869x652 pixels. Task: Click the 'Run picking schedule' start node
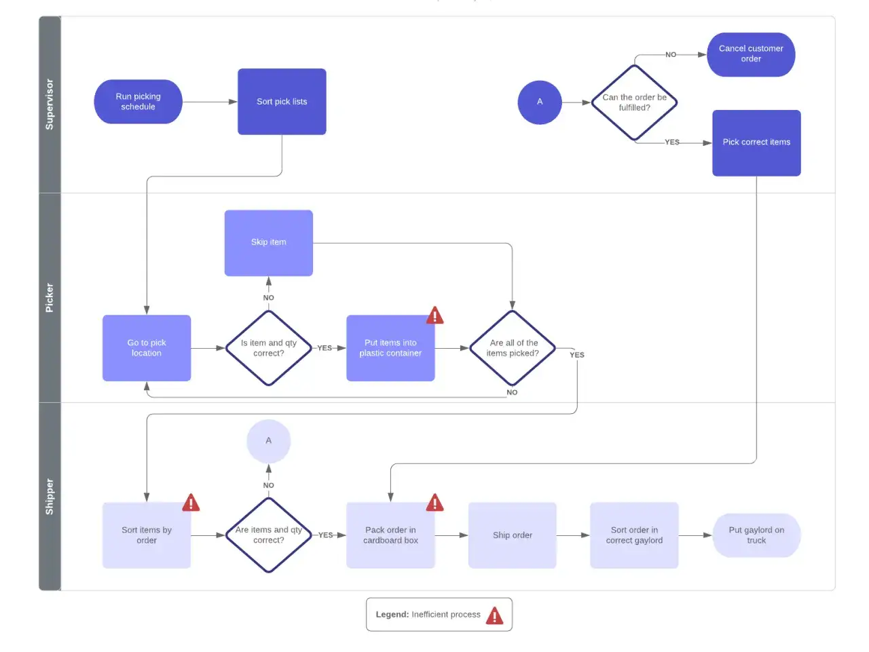(138, 102)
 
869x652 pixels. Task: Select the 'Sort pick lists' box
(282, 102)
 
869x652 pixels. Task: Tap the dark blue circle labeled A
(540, 102)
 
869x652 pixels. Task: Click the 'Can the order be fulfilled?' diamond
(634, 102)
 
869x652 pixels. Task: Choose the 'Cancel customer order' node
(751, 54)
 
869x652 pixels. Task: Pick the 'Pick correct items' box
(756, 143)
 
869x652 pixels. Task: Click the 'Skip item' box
(268, 243)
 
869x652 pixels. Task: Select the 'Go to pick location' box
(147, 348)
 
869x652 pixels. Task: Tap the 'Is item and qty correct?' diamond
(268, 348)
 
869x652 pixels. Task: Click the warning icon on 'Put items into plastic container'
(434, 315)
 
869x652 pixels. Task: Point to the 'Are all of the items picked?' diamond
(513, 348)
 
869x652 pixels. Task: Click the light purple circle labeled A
(268, 441)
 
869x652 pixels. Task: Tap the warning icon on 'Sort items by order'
(191, 503)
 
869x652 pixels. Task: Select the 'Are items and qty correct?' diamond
(268, 535)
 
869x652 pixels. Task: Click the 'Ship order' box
(513, 535)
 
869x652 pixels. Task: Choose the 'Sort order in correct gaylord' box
(634, 535)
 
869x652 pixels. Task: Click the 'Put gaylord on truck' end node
(756, 535)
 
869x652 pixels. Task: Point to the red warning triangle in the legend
(494, 615)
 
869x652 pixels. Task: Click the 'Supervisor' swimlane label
(50, 104)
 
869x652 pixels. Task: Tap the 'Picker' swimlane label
(50, 298)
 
